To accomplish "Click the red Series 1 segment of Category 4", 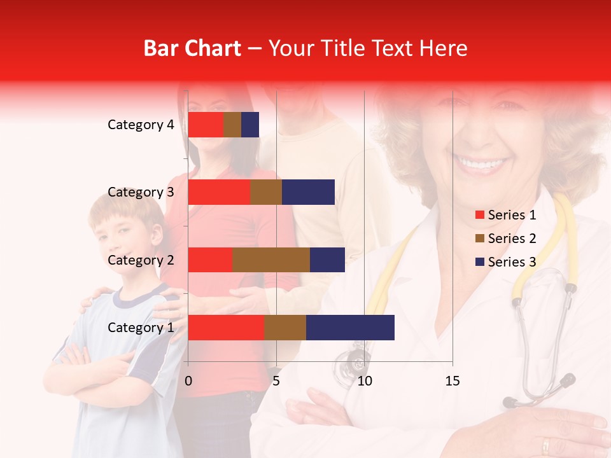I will click(205, 125).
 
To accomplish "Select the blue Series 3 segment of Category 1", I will click(350, 328).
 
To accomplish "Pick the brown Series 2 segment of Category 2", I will click(271, 260).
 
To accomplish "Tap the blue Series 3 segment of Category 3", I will click(308, 192).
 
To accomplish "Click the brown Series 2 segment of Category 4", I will click(232, 125).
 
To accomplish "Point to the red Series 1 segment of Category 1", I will click(225, 328).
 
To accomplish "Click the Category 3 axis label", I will click(141, 192).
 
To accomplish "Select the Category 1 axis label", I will click(141, 328).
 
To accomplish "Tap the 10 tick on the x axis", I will click(364, 381).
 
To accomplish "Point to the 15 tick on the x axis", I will click(452, 381).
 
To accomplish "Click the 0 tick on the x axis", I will click(188, 381).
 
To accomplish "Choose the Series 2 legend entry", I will click(506, 239).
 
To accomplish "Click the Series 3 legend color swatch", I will click(479, 262).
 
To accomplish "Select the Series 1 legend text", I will click(512, 215).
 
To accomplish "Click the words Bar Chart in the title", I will click(192, 48).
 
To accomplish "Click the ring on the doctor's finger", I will click(547, 443).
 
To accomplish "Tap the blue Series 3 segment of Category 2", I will click(327, 260).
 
